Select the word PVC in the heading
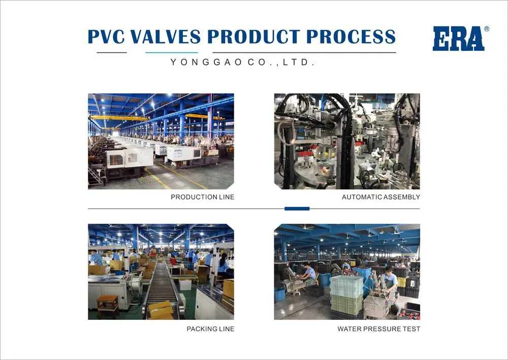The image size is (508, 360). point(105,37)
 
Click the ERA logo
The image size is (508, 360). point(458,39)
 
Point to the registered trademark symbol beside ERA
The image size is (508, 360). point(487,29)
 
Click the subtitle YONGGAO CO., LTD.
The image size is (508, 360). point(243,62)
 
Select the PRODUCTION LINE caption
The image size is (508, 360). point(202,197)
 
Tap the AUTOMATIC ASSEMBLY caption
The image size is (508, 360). point(380,197)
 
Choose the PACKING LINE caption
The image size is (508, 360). point(210,329)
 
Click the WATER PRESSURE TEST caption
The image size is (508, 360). point(378,329)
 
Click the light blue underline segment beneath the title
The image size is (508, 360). point(171,52)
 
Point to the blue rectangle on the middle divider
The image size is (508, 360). point(297,209)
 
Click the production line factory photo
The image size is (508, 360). point(161,141)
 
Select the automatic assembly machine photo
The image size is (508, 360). point(346,141)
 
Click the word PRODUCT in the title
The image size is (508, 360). point(252,37)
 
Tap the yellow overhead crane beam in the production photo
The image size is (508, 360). point(119,118)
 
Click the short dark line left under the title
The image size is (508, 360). point(111,52)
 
